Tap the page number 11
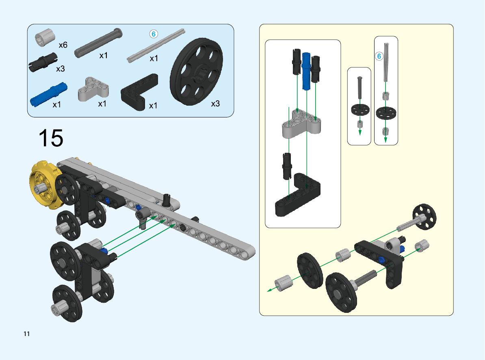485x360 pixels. click(27, 334)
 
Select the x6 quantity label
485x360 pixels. click(63, 45)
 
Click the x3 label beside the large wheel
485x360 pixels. click(215, 104)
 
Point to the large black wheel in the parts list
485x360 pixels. click(197, 73)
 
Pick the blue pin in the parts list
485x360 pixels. click(48, 93)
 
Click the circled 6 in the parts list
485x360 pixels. click(154, 34)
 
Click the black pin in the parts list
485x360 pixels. click(42, 62)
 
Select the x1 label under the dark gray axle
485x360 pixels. click(104, 56)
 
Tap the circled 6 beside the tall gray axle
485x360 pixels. click(379, 56)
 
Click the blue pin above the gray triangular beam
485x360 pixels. click(307, 71)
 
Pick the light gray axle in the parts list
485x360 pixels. click(157, 46)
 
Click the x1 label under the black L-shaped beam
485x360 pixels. click(153, 106)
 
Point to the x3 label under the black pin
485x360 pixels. click(60, 69)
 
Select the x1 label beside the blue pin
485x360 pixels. click(57, 104)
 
